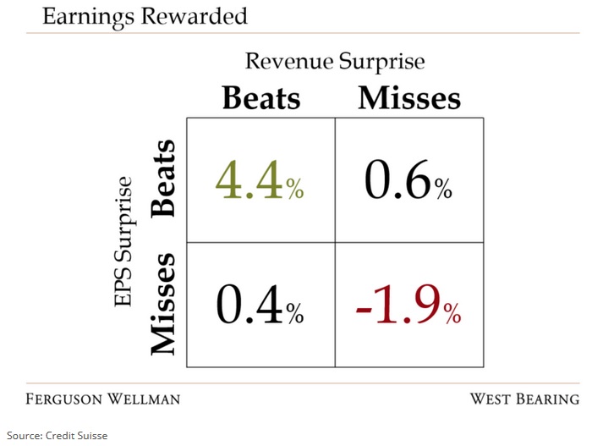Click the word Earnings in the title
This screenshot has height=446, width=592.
(x=88, y=18)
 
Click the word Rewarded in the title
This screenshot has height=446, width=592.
(x=195, y=16)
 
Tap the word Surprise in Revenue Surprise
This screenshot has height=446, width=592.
(x=381, y=63)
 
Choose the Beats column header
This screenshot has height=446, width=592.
(x=261, y=98)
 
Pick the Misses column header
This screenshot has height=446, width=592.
(x=409, y=98)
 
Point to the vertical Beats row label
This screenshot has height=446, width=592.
(x=163, y=179)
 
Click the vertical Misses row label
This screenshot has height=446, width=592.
(x=163, y=305)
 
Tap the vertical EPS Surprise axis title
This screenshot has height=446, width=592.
(x=123, y=241)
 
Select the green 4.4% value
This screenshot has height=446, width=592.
(x=260, y=180)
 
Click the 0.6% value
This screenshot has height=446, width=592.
(x=408, y=180)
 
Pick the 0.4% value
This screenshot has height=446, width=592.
(x=260, y=305)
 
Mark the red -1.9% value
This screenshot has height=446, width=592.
(x=408, y=305)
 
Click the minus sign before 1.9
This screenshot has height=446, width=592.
(x=364, y=311)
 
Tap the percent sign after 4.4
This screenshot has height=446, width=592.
(x=295, y=188)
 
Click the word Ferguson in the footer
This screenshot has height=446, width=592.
(x=63, y=399)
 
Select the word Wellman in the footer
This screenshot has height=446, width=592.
(x=144, y=399)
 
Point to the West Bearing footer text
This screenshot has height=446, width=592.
(x=525, y=399)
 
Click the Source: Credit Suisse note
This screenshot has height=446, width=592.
(x=57, y=435)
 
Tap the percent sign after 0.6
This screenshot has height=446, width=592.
(x=443, y=188)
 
